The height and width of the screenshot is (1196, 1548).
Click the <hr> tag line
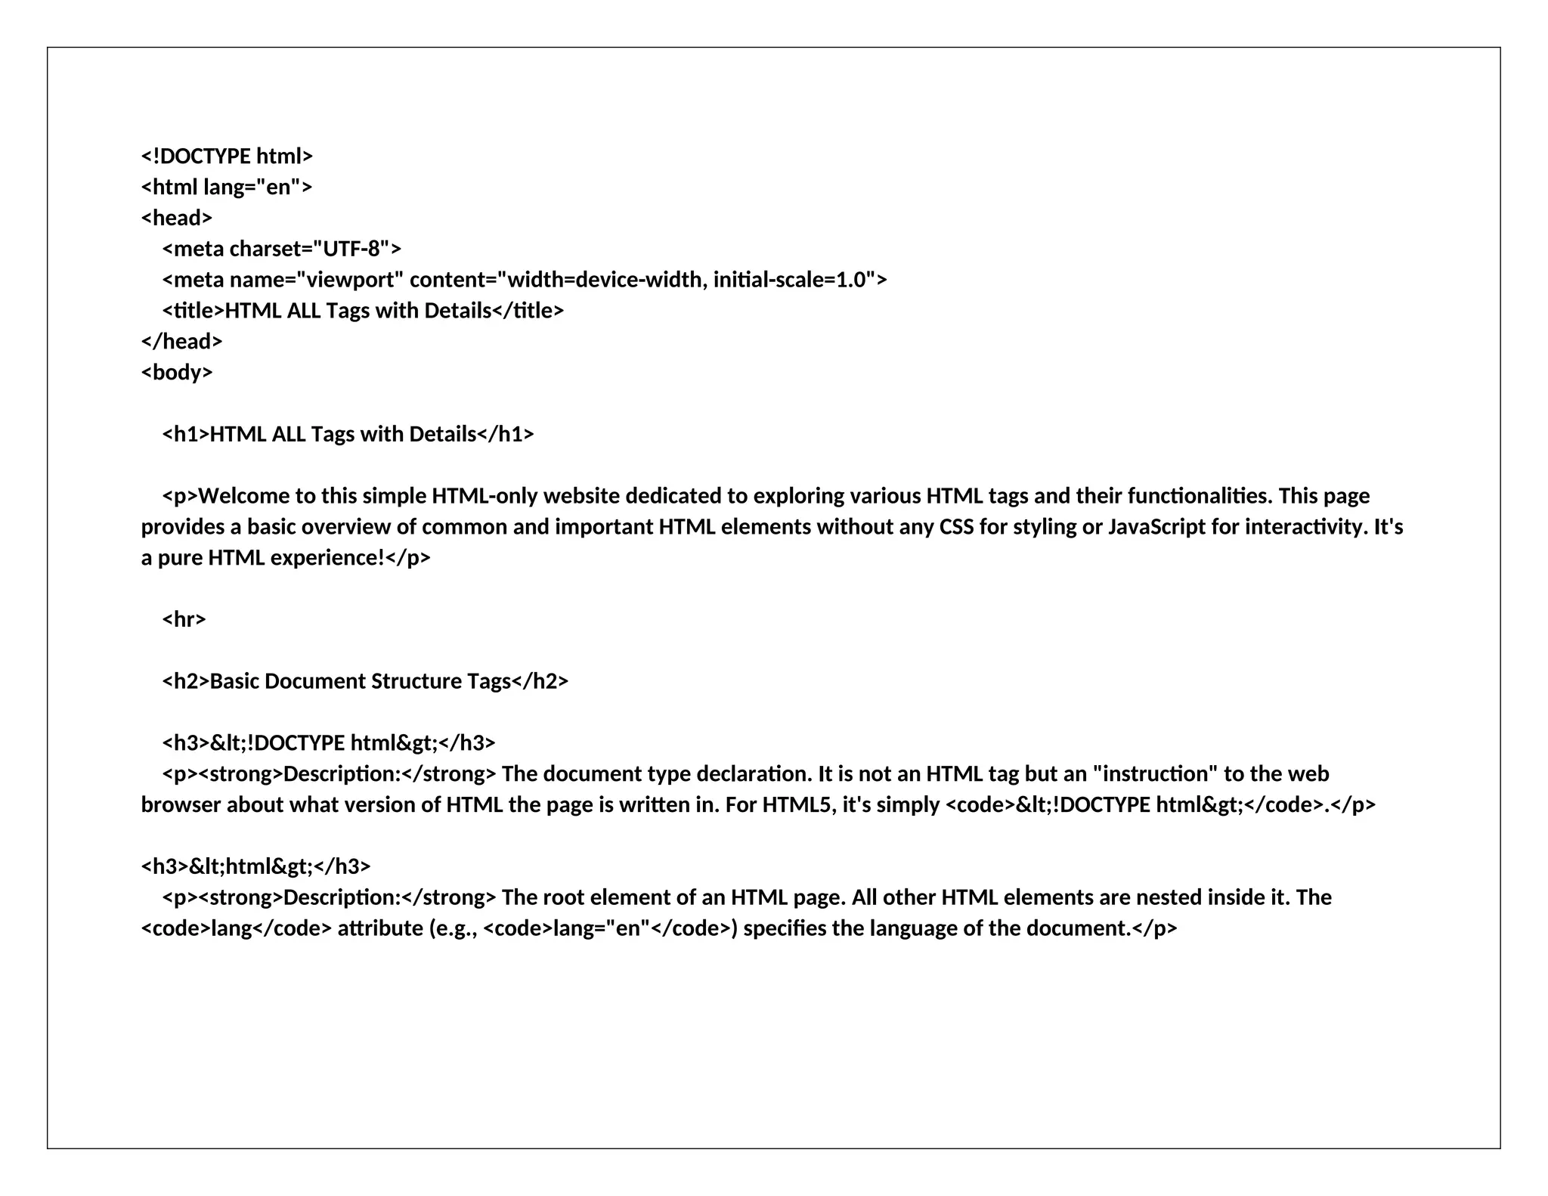pyautogui.click(x=184, y=620)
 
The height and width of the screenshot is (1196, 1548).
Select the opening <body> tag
pyautogui.click(x=177, y=373)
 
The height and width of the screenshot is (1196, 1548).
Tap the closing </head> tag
pyautogui.click(x=181, y=342)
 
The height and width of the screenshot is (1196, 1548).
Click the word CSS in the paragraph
pyautogui.click(x=956, y=527)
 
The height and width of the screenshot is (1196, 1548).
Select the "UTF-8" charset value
pyautogui.click(x=351, y=249)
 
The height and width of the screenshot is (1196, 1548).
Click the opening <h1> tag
pyautogui.click(x=185, y=435)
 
